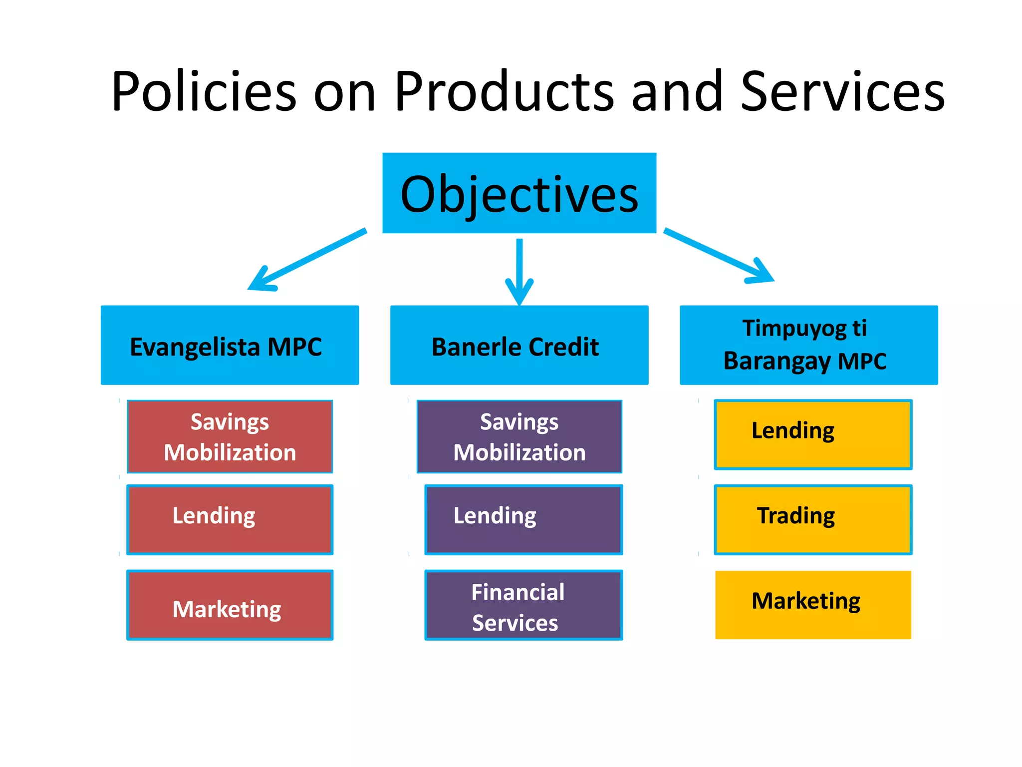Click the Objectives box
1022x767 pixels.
click(519, 193)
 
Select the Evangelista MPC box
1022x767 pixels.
click(230, 345)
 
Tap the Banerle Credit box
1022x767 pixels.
click(519, 345)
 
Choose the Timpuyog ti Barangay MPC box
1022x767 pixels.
click(808, 345)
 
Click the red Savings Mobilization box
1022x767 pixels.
click(230, 436)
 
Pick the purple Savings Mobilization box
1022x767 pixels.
click(519, 436)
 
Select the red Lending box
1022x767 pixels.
click(230, 519)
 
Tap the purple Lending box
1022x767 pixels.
click(523, 519)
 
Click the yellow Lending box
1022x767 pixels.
click(813, 434)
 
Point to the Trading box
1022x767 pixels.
click(813, 519)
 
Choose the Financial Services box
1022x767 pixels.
click(523, 605)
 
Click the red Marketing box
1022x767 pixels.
click(230, 605)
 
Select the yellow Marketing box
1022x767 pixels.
click(813, 605)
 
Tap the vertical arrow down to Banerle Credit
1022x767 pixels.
click(519, 270)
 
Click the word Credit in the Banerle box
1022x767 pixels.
click(563, 347)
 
